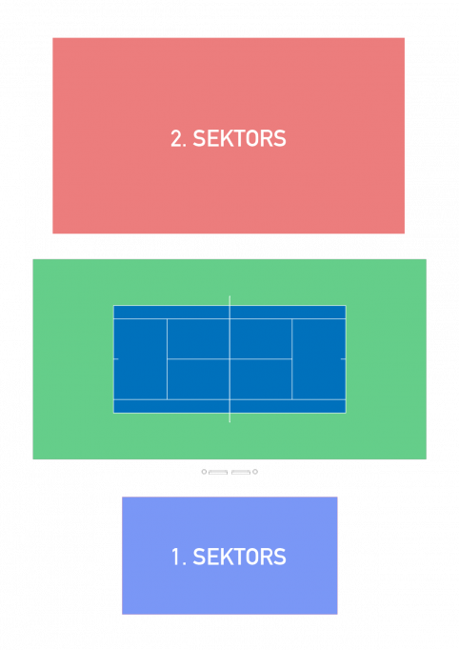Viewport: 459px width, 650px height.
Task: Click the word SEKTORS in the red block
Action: tap(239, 138)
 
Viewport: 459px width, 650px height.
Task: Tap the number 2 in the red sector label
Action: tap(176, 138)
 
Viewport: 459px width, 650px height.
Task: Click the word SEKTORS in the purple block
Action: tap(239, 557)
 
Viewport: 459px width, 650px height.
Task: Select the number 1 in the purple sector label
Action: tap(175, 557)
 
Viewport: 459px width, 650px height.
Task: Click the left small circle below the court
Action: tap(204, 472)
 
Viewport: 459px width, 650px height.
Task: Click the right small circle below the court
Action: tap(255, 472)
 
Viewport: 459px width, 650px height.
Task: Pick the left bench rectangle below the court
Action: tap(218, 472)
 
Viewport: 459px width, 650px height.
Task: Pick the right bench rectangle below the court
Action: tap(241, 472)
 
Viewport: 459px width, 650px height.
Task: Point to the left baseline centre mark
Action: tap(116, 359)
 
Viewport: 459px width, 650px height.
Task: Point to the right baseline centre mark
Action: tap(343, 359)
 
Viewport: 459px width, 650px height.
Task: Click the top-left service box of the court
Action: tap(198, 338)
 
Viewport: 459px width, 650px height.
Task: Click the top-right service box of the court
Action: tap(261, 338)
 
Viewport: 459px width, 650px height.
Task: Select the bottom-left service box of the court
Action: tap(198, 379)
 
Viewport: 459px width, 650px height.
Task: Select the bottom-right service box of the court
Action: tap(261, 379)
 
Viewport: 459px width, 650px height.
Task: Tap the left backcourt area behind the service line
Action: tap(140, 359)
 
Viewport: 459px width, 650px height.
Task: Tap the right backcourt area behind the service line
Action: tap(319, 359)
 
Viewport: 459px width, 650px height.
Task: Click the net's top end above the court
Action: tap(229, 296)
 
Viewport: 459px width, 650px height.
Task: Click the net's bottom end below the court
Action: tap(229, 422)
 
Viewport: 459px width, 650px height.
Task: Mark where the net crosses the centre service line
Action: tap(229, 359)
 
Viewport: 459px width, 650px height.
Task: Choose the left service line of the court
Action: tap(167, 359)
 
